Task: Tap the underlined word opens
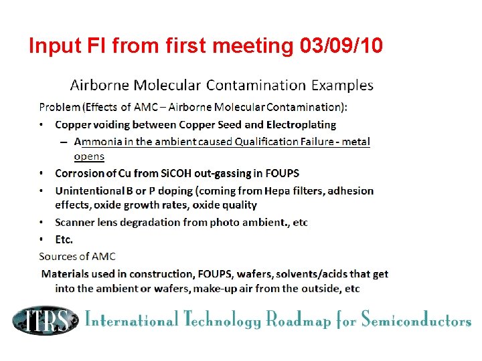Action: point(89,156)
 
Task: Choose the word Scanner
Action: point(76,222)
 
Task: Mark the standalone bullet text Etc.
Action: point(64,239)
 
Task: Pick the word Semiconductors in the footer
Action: point(416,320)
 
